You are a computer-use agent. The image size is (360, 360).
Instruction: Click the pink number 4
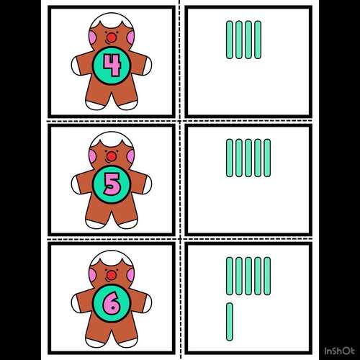point(112,66)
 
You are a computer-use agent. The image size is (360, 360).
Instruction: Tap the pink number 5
point(112,184)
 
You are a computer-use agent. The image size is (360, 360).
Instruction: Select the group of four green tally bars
point(243,40)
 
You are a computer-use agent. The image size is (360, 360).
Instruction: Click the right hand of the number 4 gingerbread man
point(149,66)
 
